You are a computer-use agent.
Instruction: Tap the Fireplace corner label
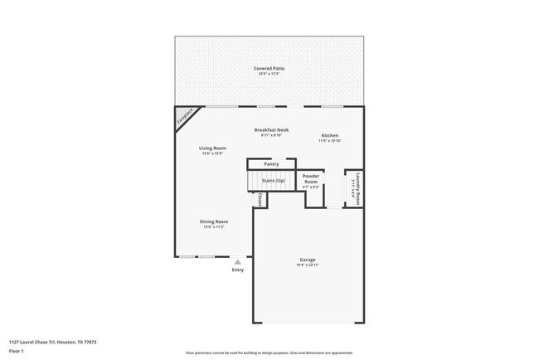click(x=187, y=117)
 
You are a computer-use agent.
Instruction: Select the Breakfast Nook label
click(x=271, y=130)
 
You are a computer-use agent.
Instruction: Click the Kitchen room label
click(x=329, y=135)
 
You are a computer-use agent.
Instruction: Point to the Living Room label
click(x=212, y=148)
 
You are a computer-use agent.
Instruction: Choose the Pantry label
click(x=271, y=164)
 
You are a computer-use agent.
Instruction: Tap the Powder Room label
click(x=311, y=178)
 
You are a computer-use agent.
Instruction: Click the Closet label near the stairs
click(x=260, y=200)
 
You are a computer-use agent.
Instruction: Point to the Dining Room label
click(x=213, y=221)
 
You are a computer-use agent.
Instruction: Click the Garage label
click(x=307, y=260)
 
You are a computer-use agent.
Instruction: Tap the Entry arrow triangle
click(x=237, y=261)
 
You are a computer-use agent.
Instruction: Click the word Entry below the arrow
click(x=238, y=270)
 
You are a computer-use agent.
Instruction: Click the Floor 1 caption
click(x=17, y=351)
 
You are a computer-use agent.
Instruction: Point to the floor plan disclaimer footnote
click(x=269, y=353)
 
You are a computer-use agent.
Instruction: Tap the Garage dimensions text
click(x=307, y=265)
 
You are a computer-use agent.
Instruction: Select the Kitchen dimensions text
click(x=329, y=141)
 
